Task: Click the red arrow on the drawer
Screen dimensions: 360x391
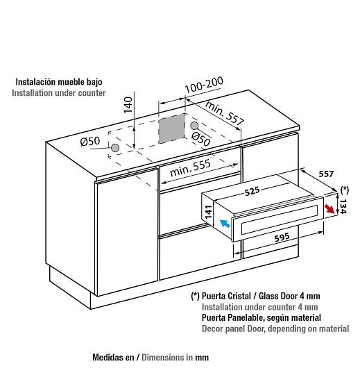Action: pyautogui.click(x=329, y=209)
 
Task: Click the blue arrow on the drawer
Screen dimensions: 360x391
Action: pyautogui.click(x=225, y=223)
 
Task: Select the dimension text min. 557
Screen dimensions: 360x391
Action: pyautogui.click(x=224, y=113)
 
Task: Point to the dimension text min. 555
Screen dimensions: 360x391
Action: pyautogui.click(x=190, y=167)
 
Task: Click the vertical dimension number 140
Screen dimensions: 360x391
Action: pyautogui.click(x=128, y=105)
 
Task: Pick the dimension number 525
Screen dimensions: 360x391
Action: pyautogui.click(x=252, y=191)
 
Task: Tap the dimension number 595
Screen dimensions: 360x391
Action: pyautogui.click(x=282, y=237)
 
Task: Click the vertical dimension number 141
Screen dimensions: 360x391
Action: pyautogui.click(x=209, y=211)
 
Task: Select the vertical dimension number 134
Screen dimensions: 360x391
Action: pyautogui.click(x=343, y=206)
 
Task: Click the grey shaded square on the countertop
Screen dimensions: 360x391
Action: pyautogui.click(x=172, y=128)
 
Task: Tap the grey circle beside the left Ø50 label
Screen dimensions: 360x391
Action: pyautogui.click(x=115, y=148)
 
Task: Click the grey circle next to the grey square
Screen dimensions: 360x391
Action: pyautogui.click(x=194, y=126)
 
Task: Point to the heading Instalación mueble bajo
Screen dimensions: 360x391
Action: pyautogui.click(x=59, y=82)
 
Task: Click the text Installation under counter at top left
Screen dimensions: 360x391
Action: pyautogui.click(x=59, y=93)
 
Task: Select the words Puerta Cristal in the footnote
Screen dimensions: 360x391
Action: pyautogui.click(x=226, y=296)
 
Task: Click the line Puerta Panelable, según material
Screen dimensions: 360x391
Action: pyautogui.click(x=261, y=317)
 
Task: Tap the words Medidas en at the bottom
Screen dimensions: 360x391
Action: pyautogui.click(x=113, y=357)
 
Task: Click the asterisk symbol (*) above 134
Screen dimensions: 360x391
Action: pyautogui.click(x=345, y=190)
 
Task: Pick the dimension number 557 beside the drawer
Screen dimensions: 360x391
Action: pyautogui.click(x=326, y=174)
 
